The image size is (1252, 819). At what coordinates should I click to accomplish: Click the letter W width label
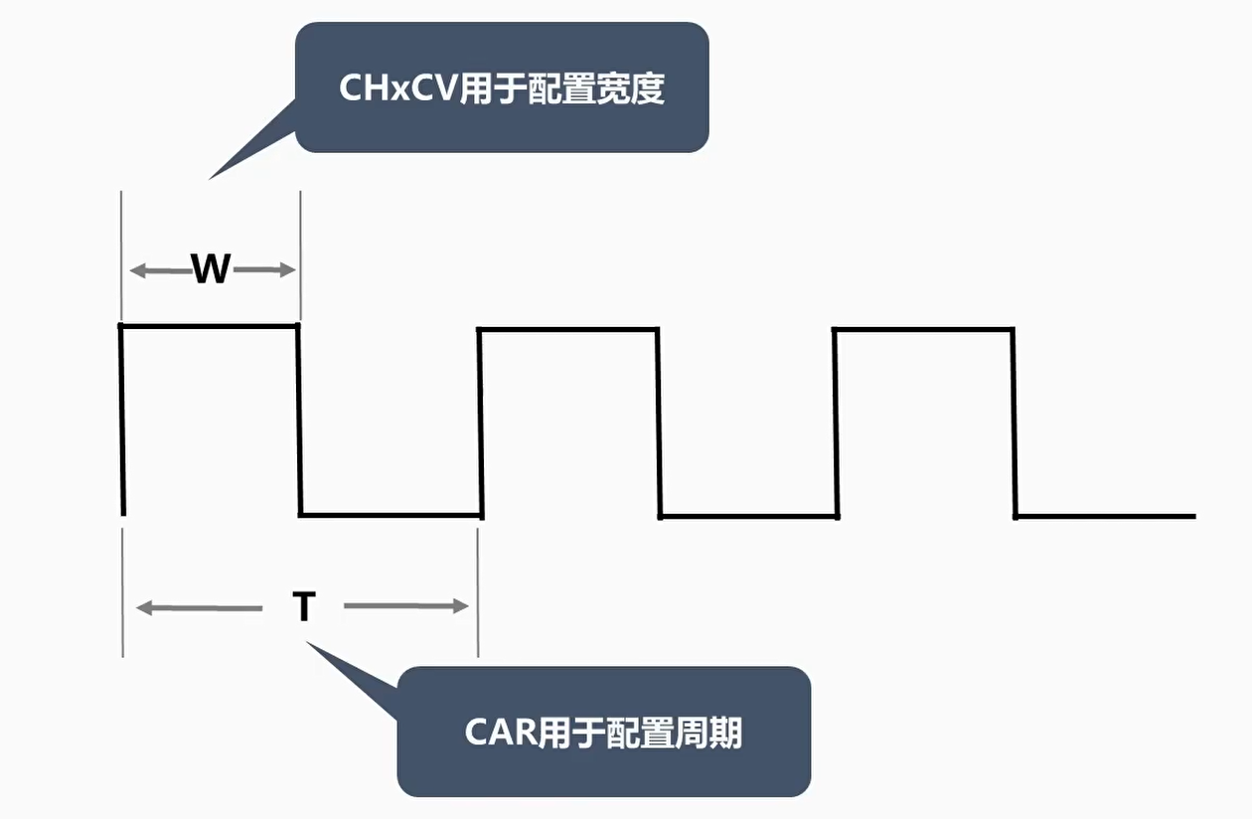211,269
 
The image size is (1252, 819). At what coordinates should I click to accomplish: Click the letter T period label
303,606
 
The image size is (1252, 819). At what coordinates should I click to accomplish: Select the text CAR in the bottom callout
502,734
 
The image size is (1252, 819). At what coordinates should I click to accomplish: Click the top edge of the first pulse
210,325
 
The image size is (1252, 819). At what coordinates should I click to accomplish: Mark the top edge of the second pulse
568,328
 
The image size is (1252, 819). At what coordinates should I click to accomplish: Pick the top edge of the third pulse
923,329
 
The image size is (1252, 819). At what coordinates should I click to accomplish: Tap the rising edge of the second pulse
480,422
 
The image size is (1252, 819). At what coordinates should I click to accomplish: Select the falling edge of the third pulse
1014,422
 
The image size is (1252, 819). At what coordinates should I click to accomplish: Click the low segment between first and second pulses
391,515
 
